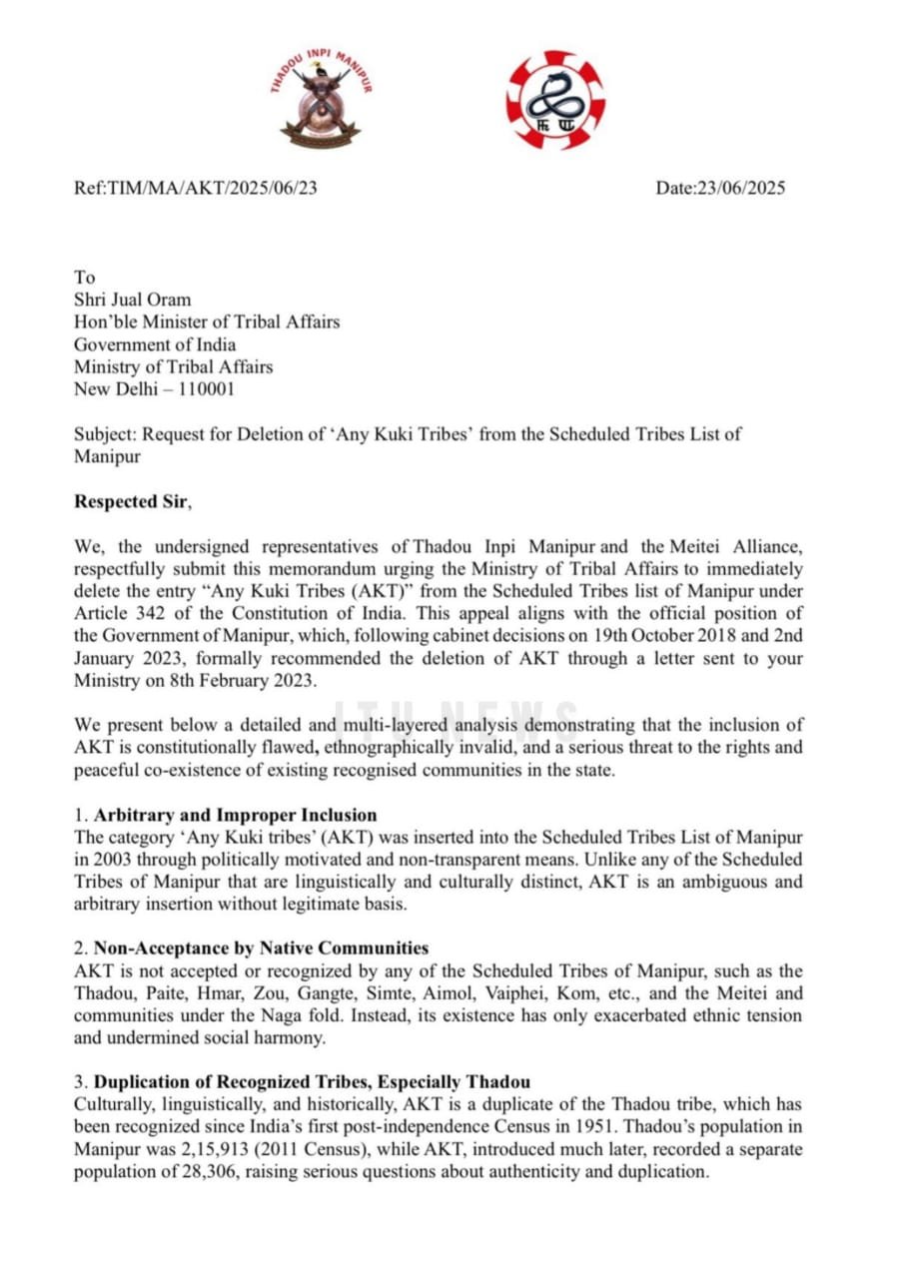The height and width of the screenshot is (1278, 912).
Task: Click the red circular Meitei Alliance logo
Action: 555,100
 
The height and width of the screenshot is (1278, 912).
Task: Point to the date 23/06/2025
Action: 742,188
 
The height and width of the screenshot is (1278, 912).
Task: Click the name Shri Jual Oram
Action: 133,300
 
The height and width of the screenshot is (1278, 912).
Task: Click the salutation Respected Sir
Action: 131,502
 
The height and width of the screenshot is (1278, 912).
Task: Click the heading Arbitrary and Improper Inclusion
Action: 235,815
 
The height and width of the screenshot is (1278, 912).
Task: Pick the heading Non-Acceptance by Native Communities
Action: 261,949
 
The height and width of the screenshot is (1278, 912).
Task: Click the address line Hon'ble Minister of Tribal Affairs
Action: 207,321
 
